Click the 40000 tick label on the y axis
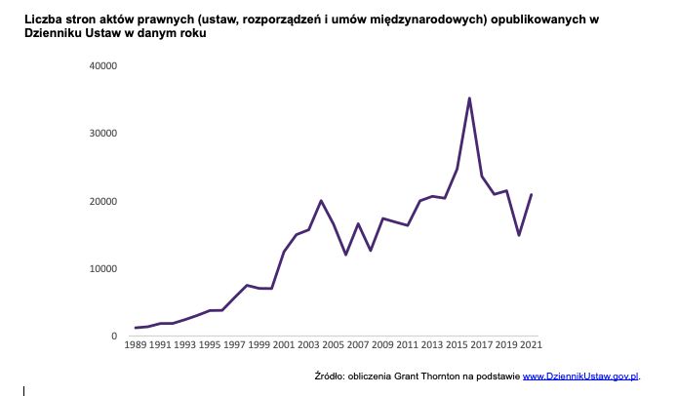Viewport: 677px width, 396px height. [102, 66]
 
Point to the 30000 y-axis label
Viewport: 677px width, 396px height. [102, 134]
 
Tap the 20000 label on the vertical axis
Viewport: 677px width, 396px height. [102, 202]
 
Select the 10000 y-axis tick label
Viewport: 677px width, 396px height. [102, 269]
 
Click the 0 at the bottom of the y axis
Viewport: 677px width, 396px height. [114, 337]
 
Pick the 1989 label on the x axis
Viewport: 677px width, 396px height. [137, 346]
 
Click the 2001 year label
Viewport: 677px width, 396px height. [284, 346]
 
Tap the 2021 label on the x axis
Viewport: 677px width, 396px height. [531, 346]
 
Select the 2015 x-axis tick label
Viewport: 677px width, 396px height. [457, 346]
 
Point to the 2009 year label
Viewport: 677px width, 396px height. [382, 346]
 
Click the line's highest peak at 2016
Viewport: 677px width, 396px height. [469, 99]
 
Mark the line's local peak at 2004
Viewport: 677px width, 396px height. [321, 201]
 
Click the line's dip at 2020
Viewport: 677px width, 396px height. [519, 235]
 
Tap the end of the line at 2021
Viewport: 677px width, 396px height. [531, 195]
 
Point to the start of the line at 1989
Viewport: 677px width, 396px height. [137, 328]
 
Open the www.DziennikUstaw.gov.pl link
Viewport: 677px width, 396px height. [581, 376]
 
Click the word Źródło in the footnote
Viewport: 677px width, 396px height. [332, 376]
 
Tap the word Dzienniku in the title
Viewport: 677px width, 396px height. [56, 33]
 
